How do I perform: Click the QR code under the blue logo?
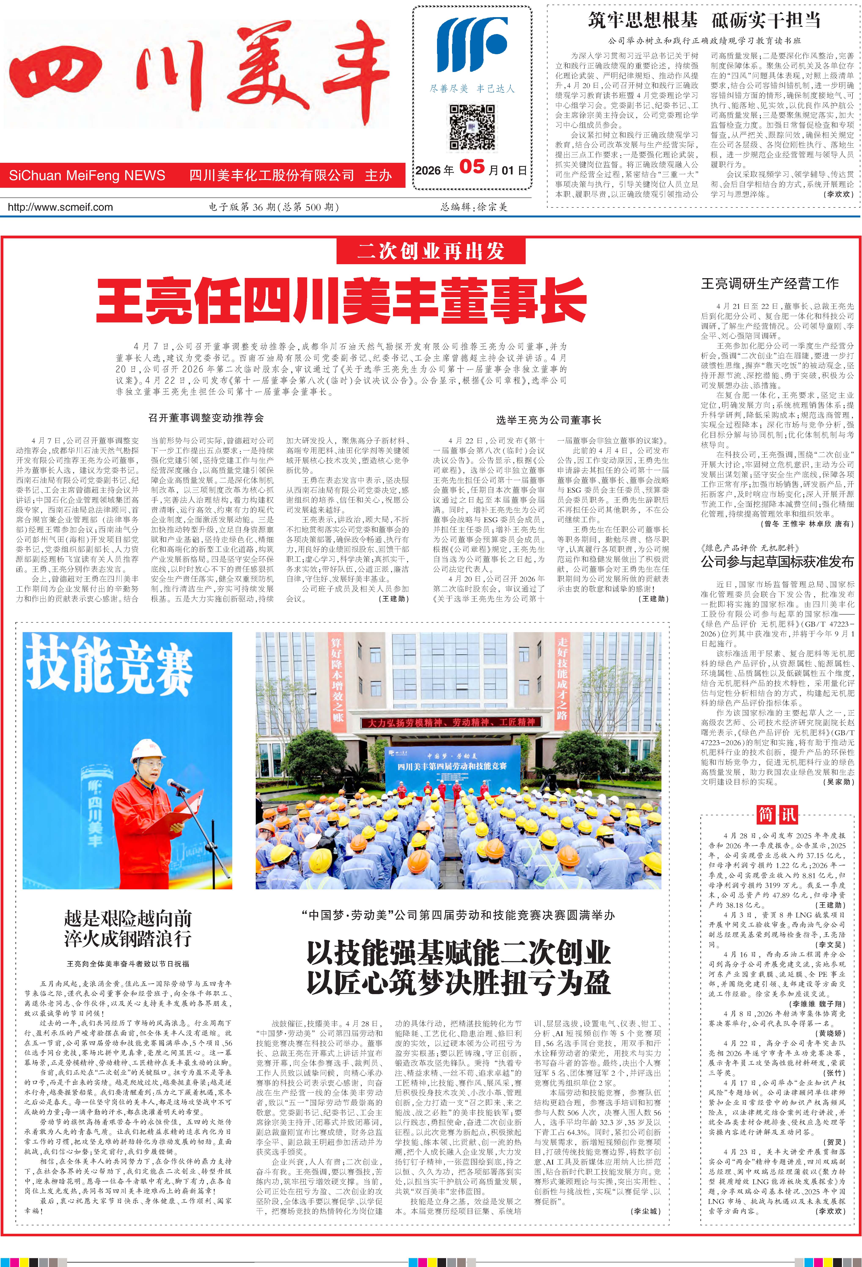pos(472,127)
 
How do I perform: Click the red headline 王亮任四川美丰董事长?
pos(341,300)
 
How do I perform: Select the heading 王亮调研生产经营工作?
pos(769,283)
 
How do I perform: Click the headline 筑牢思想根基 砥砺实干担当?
pos(704,20)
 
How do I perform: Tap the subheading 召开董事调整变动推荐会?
pos(206,418)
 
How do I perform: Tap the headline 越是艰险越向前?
pos(128,919)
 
